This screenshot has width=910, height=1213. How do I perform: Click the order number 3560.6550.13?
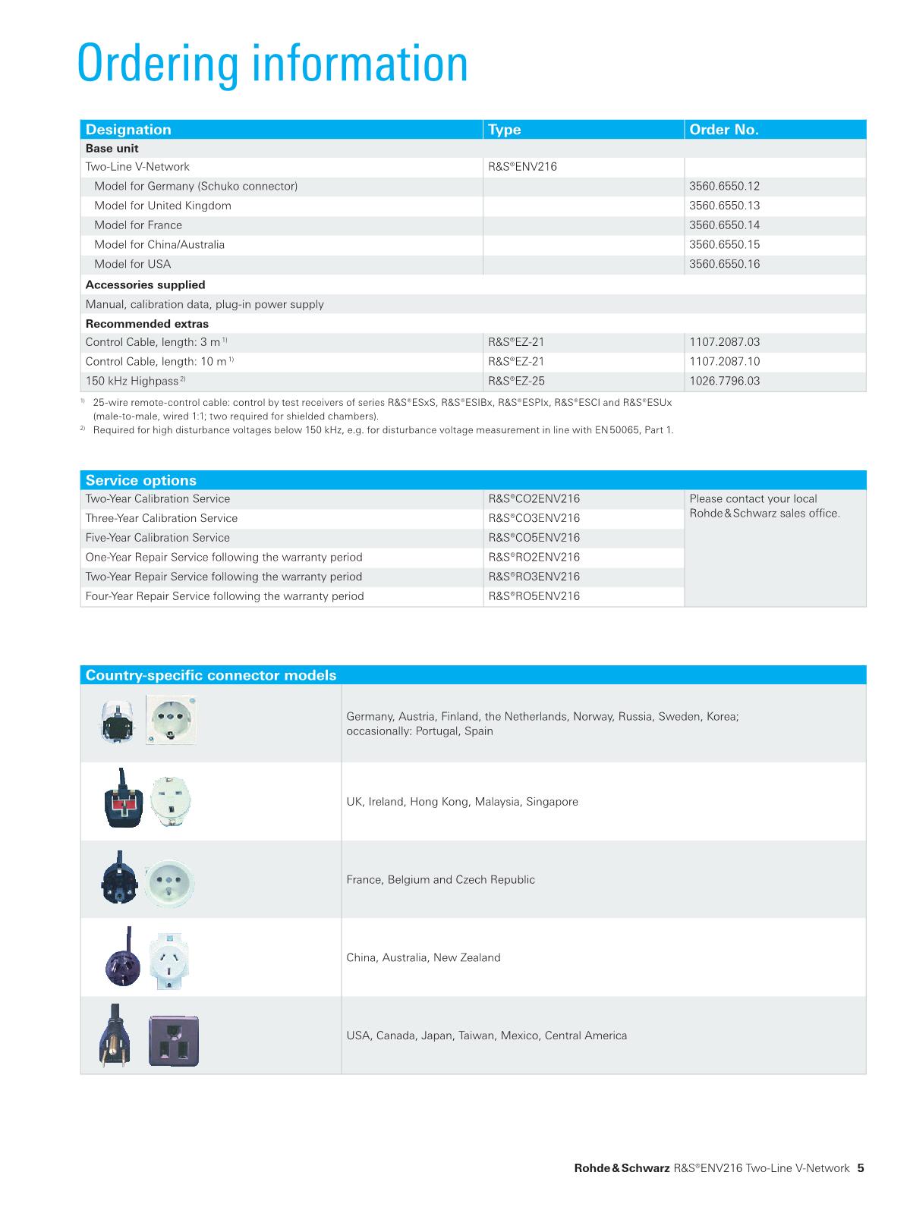point(724,206)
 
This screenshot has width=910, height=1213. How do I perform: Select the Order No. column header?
point(723,130)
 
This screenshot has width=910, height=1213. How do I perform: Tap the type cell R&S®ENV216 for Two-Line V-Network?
point(522,167)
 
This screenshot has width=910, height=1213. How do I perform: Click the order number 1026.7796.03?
point(724,381)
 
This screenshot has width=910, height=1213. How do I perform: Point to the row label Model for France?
point(138,225)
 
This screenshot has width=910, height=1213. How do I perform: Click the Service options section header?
point(141,480)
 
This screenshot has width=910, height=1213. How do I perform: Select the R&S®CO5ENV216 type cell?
point(534,538)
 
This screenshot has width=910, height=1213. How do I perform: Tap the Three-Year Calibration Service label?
point(162,518)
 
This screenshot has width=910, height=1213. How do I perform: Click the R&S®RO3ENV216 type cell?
point(534,577)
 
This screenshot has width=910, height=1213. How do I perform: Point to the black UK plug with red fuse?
point(122,802)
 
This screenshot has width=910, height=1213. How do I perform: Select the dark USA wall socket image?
point(174,1042)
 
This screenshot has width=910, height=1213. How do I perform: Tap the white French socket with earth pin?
point(170,881)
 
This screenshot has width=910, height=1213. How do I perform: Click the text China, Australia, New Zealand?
point(424,958)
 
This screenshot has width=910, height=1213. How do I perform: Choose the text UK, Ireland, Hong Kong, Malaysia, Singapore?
point(462,802)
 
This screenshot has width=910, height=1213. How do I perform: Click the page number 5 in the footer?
point(861,1168)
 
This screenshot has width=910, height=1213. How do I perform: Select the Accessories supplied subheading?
point(146,285)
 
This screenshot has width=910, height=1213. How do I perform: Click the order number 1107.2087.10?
point(724,362)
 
